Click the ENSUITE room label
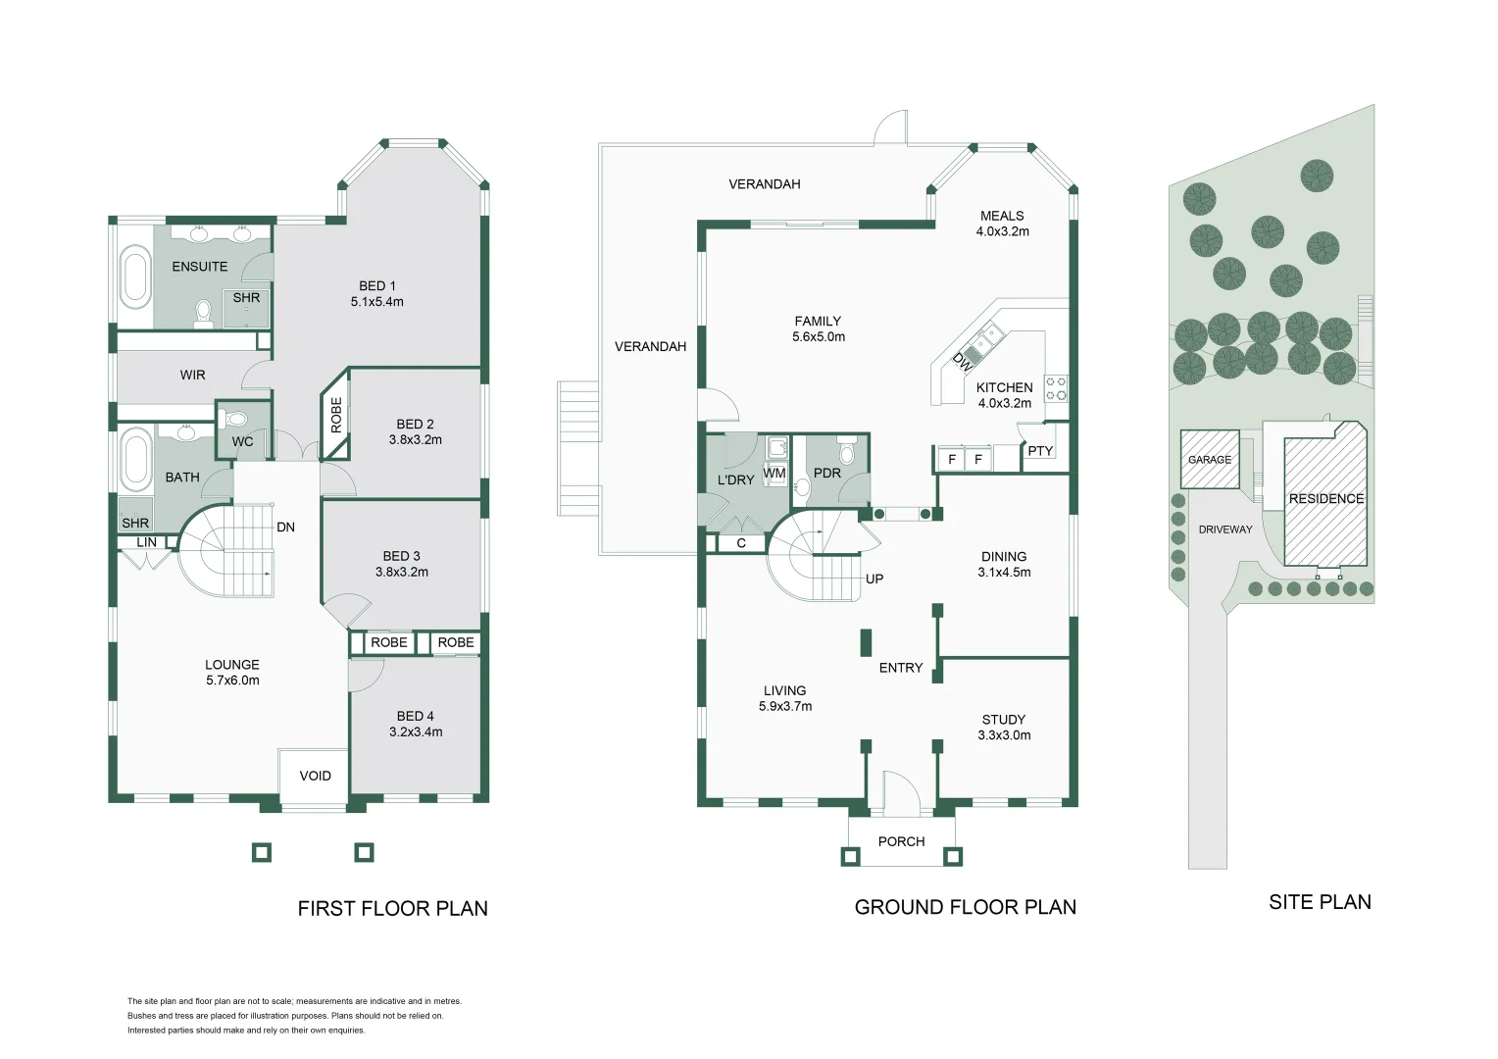[x=199, y=267]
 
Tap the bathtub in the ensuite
[x=134, y=279]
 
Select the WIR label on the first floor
[x=192, y=375]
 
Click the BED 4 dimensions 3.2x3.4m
[x=416, y=732]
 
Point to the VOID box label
[x=315, y=776]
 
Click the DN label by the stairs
[x=285, y=528]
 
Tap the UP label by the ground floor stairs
[x=874, y=580]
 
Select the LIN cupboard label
[x=146, y=542]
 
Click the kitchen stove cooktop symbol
[x=1056, y=388]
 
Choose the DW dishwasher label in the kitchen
[x=963, y=361]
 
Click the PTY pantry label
[x=1040, y=451]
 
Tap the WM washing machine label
[x=774, y=474]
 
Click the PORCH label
[x=901, y=841]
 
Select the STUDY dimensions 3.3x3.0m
[x=1004, y=735]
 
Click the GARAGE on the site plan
[x=1210, y=459]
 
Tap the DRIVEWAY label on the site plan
[x=1225, y=529]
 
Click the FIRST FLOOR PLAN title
[x=392, y=909]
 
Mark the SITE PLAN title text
[x=1320, y=903]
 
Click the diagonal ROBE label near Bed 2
[x=336, y=415]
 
